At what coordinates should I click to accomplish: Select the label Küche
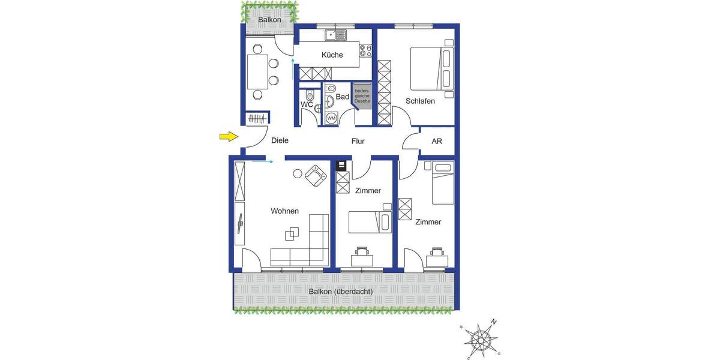tap(332, 55)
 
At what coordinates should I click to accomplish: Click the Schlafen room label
tap(420, 101)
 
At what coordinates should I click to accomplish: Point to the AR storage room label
tap(437, 142)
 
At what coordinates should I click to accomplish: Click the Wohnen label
tap(284, 211)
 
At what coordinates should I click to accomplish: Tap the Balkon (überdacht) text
tap(341, 292)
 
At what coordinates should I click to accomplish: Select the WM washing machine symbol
tap(331, 118)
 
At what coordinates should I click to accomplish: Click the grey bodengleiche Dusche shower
tap(362, 97)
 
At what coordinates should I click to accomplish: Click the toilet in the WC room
tap(310, 95)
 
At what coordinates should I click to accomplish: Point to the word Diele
tap(280, 141)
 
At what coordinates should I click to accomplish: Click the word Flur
tap(358, 142)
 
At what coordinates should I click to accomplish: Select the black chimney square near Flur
tap(341, 165)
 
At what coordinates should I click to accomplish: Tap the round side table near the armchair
tap(297, 174)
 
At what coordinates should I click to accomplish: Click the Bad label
tap(342, 97)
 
